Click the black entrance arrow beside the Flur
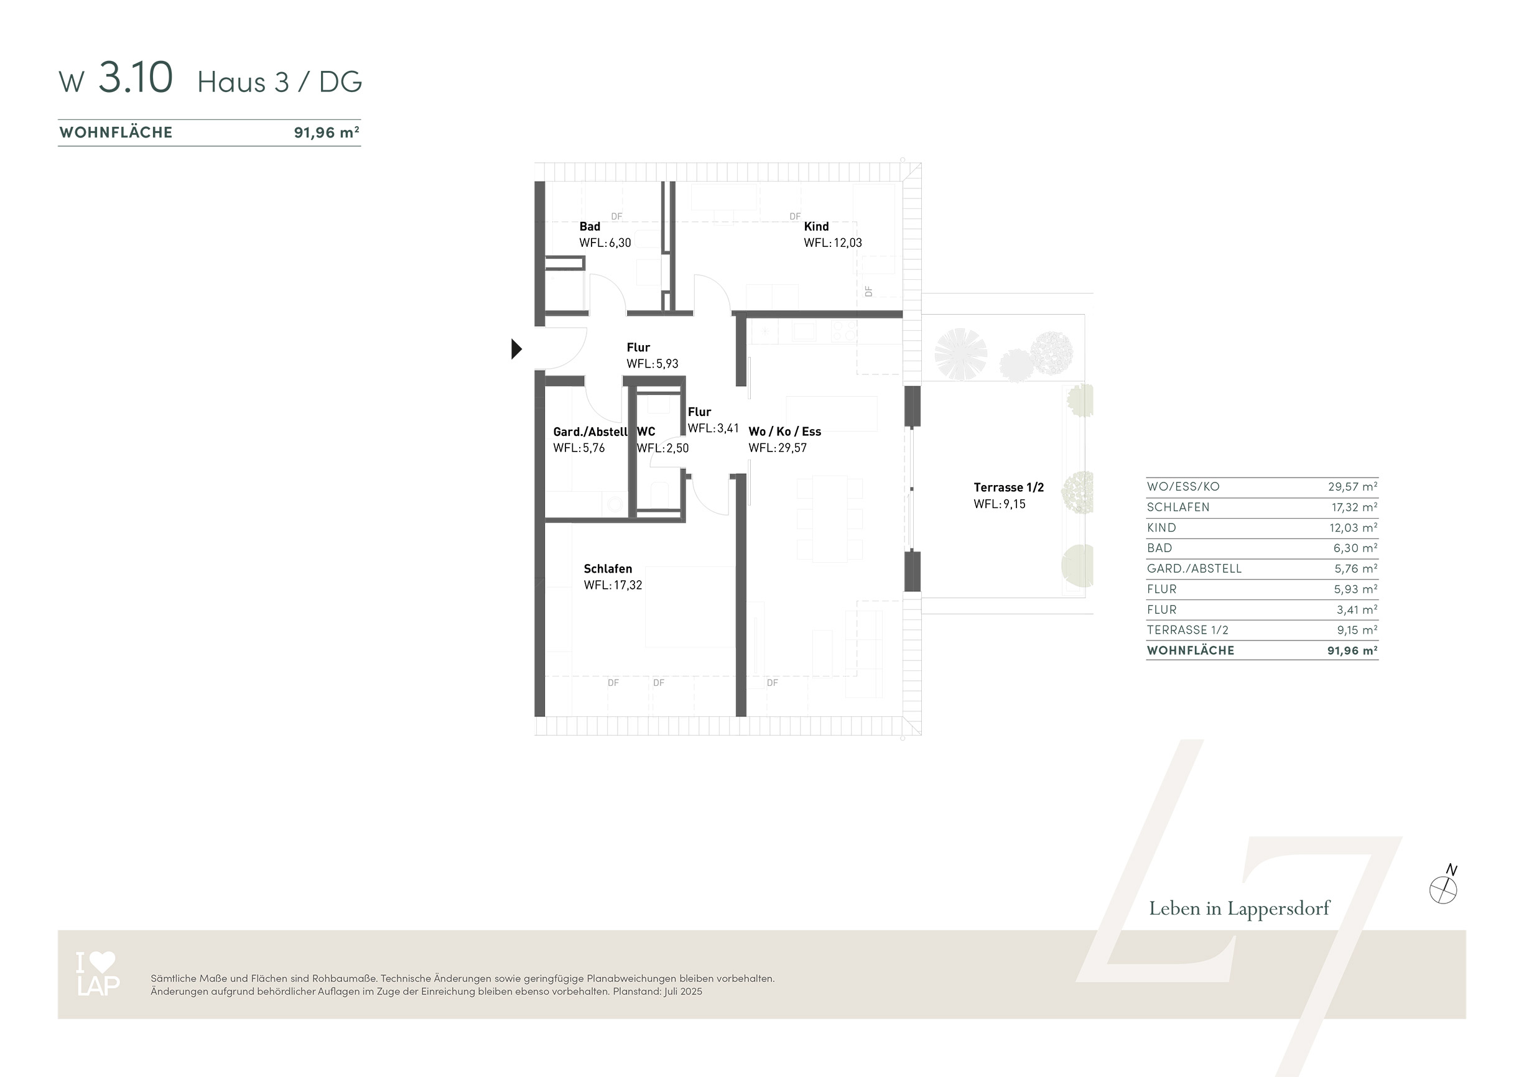[516, 348]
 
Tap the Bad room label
[590, 226]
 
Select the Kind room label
[815, 226]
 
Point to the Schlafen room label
[607, 569]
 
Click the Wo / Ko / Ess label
[784, 432]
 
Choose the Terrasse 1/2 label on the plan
[1008, 487]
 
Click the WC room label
[646, 432]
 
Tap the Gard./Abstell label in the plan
[590, 432]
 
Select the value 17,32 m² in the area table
[1354, 507]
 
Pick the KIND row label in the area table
[1161, 527]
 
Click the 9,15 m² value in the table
[1357, 630]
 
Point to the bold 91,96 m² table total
[1352, 650]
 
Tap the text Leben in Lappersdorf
[1239, 908]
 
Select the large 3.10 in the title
[136, 77]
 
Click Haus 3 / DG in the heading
[279, 81]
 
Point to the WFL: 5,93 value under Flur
[652, 364]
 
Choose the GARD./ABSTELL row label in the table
[1194, 569]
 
